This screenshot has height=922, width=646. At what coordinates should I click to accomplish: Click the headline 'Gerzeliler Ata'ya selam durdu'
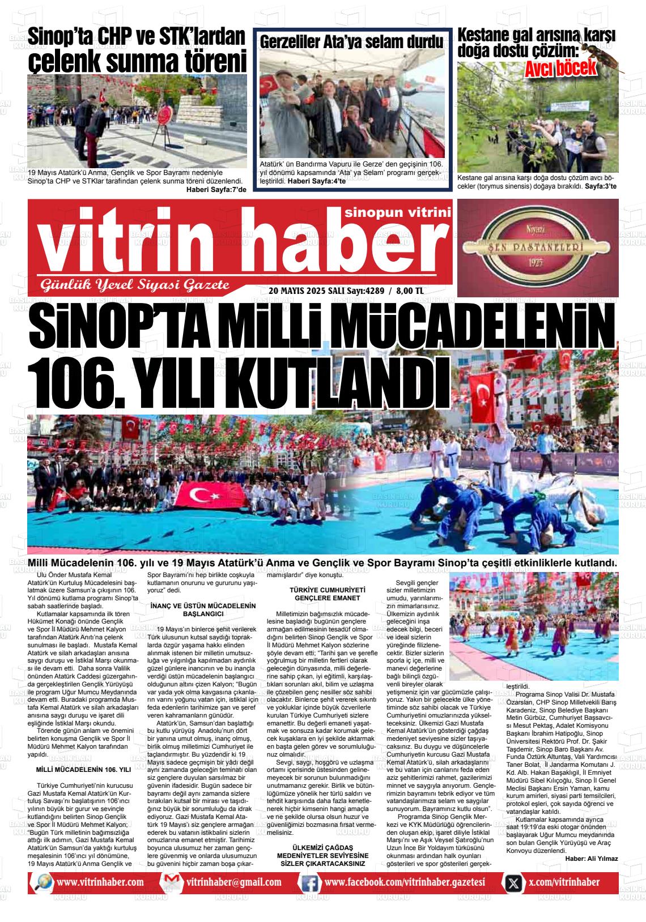351,42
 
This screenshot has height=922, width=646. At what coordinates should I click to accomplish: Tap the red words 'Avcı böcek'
561,69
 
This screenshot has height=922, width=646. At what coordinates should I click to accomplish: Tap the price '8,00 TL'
410,291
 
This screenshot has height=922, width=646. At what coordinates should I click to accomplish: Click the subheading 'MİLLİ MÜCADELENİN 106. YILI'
83,770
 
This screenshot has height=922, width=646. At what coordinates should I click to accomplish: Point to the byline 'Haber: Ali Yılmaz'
591,859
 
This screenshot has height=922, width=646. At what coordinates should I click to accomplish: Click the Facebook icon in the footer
309,883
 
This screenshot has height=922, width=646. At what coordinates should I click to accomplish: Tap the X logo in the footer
513,883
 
